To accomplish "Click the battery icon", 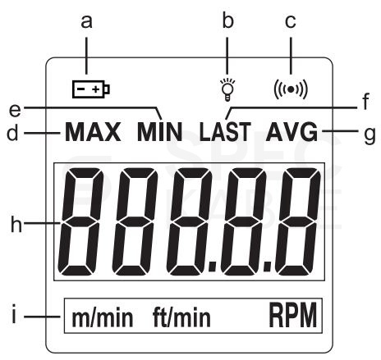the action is pos(91,89).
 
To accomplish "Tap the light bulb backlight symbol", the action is pos(227,89).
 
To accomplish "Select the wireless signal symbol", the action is pos(291,89).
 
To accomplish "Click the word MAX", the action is pos(93,132).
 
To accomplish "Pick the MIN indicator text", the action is pos(160,132).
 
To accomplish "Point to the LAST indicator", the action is pos(225,132).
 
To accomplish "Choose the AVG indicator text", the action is pos(291,132).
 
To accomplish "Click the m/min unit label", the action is pos(103,317).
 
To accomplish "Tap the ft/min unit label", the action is pos(181,317).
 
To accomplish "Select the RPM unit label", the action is pos(293,315).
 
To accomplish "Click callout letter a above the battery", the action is pos(86,21).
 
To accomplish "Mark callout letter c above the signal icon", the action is pos(291,21).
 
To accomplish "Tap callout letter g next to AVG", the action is pos(370,134).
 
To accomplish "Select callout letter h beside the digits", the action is pos(16,223).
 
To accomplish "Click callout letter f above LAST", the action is pos(366,102).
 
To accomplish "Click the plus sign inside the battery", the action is pos(95,89).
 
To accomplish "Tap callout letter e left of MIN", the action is pos(15,110).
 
